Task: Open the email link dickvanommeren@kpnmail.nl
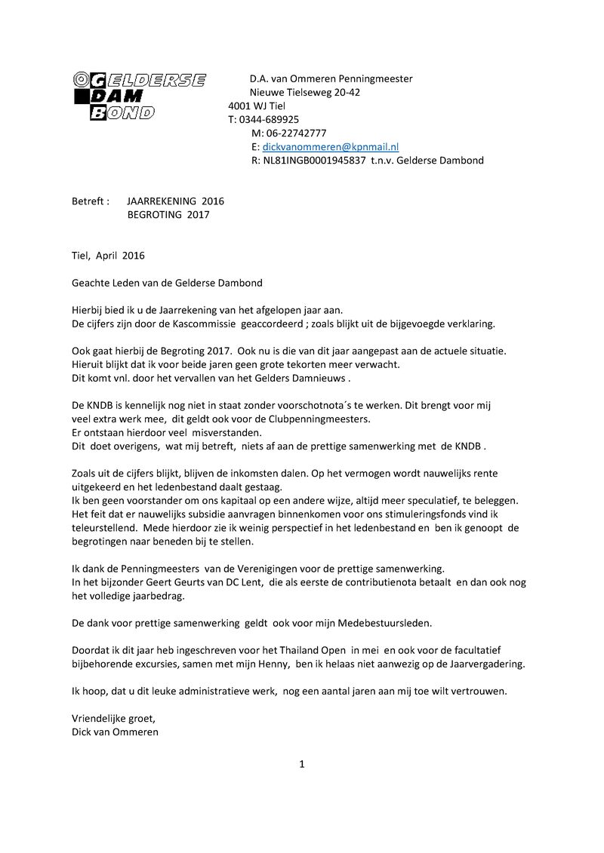[330, 147]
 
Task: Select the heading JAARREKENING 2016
[175, 201]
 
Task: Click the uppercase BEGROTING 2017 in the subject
[168, 215]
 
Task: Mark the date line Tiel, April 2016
[108, 256]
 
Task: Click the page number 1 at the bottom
[302, 764]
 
